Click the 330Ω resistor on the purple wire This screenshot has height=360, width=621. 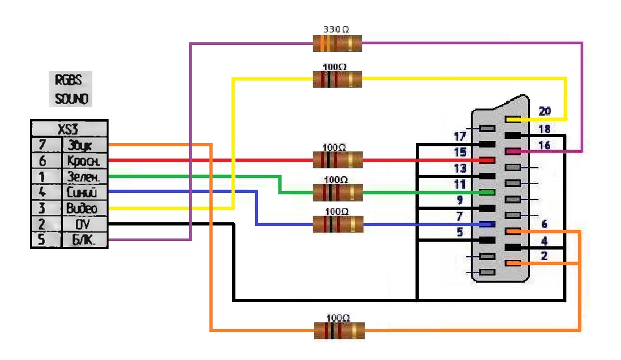point(337,44)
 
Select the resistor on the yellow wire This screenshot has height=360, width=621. point(337,79)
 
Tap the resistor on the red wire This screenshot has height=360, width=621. point(337,159)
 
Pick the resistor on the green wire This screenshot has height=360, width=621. point(337,192)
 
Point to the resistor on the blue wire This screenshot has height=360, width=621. point(337,224)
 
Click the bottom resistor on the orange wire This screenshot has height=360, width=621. point(339,330)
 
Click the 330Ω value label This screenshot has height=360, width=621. point(336,30)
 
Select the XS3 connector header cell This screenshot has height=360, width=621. point(68,128)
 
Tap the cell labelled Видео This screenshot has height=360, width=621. point(83,209)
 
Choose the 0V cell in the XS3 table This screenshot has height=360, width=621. point(83,224)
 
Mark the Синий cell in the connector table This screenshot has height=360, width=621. point(83,192)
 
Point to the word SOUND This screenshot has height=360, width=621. point(71,99)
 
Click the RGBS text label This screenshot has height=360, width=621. point(69,81)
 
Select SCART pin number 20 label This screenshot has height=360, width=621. point(544,112)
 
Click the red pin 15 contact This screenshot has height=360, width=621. point(487,160)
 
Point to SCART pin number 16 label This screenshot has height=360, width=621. point(544,145)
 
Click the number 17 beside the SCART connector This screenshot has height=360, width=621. point(460,136)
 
